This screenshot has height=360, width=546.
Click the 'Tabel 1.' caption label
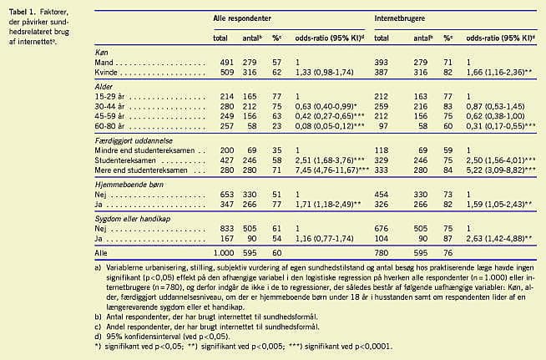click(18, 8)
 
